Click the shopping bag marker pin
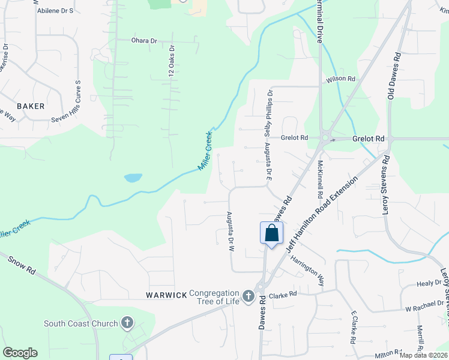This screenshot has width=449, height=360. coord(271,233)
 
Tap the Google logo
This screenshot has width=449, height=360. coord(20,353)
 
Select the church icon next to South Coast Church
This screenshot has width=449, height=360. coord(127,324)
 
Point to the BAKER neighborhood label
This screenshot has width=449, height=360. coord(31,106)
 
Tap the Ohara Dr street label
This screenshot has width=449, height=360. coord(144,41)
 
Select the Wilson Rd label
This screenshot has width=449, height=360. coord(341,79)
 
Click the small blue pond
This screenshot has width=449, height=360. coord(133,178)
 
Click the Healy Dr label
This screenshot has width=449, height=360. coord(429,283)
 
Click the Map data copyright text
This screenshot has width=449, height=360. coord(424,355)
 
